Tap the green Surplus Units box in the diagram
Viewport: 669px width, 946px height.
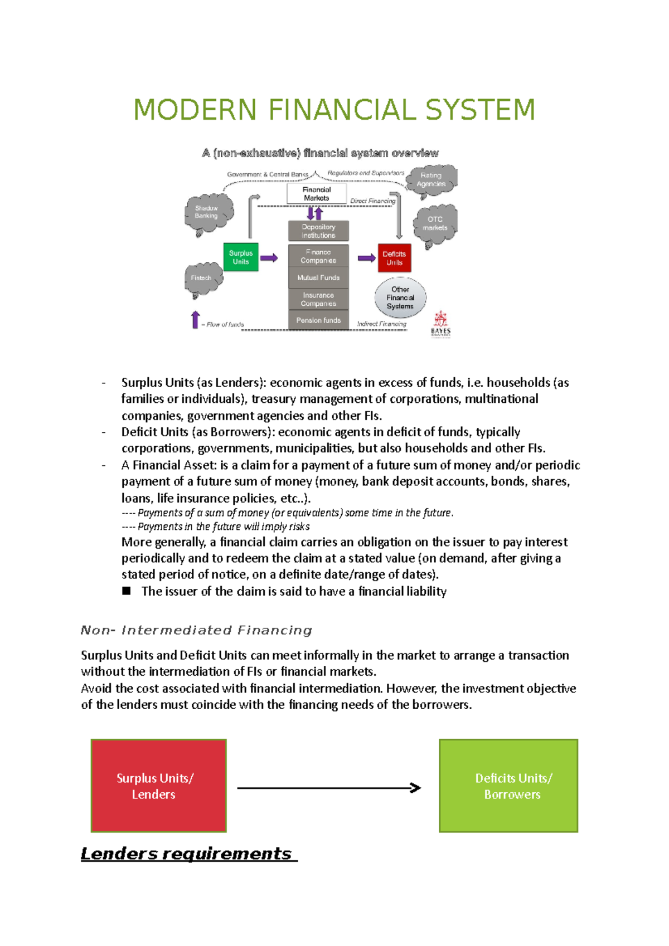click(241, 257)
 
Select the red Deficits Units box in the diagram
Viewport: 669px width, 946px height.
click(394, 258)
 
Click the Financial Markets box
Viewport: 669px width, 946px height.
click(316, 194)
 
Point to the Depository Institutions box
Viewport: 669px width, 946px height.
click(318, 231)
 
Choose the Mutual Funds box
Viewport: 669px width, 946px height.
click(318, 277)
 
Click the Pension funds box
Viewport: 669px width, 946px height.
click(318, 320)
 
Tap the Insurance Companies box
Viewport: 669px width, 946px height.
click(318, 299)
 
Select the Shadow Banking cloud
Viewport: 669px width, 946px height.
click(207, 213)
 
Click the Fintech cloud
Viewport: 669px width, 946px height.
click(202, 279)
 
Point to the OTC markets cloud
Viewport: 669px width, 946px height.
click(435, 224)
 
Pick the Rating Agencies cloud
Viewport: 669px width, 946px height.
click(432, 180)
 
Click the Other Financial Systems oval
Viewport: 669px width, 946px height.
click(400, 298)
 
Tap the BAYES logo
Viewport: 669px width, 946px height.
click(440, 324)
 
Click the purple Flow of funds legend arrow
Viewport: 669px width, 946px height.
click(195, 320)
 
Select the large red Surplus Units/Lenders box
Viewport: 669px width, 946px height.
click(158, 786)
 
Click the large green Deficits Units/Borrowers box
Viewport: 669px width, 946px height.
click(508, 786)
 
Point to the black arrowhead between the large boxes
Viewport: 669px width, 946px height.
click(415, 788)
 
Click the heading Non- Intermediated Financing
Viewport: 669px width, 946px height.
click(196, 630)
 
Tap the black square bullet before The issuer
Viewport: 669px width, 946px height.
click(127, 591)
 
